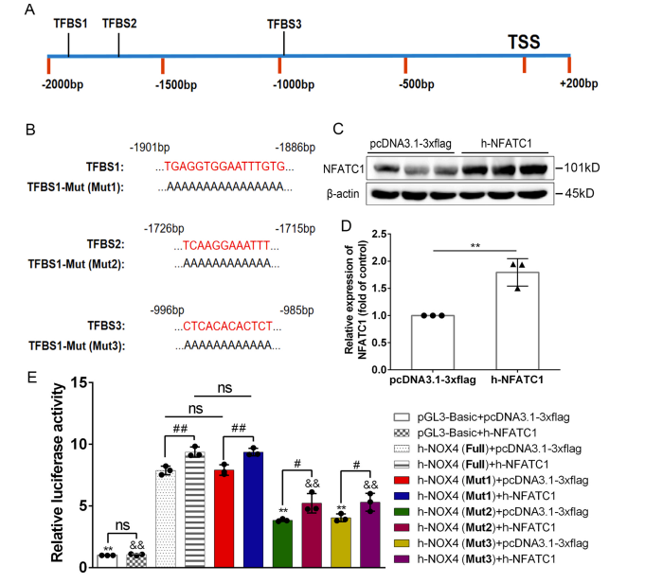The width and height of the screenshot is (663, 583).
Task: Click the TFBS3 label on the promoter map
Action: pos(285,25)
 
